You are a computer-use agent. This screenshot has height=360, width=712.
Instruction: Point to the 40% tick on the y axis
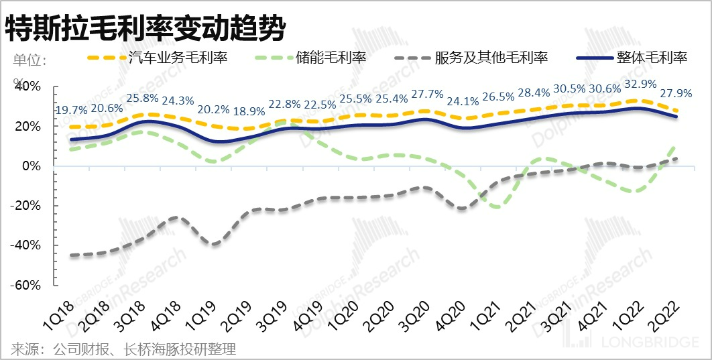27,87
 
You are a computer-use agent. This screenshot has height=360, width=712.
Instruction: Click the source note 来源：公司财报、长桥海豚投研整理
124,349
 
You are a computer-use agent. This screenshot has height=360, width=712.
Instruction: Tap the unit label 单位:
29,59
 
